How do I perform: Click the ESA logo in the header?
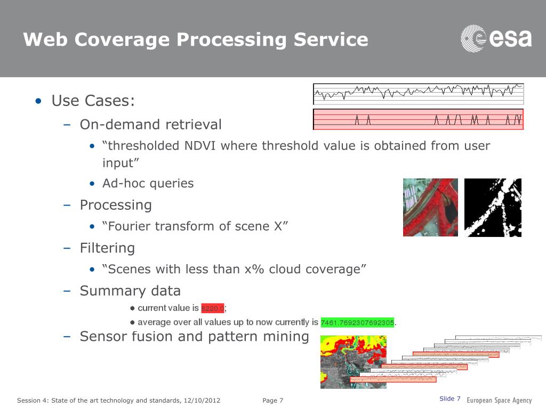coord(496,38)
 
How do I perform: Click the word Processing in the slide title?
coord(232,39)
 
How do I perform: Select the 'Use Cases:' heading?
coord(93,100)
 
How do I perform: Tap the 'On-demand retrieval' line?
coord(150,125)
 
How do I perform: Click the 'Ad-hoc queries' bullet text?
coord(148,183)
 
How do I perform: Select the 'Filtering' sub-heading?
coord(107,248)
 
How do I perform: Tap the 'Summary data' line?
coord(130,291)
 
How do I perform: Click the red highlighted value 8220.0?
coord(212,308)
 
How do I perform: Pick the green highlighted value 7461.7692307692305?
coord(357,322)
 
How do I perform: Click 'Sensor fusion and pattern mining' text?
coord(194,337)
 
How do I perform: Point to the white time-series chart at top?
coord(418,93)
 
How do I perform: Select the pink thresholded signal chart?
coord(418,119)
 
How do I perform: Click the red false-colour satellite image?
coord(430,207)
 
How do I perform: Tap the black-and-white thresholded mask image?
coord(493,207)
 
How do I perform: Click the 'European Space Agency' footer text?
coord(499,400)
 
